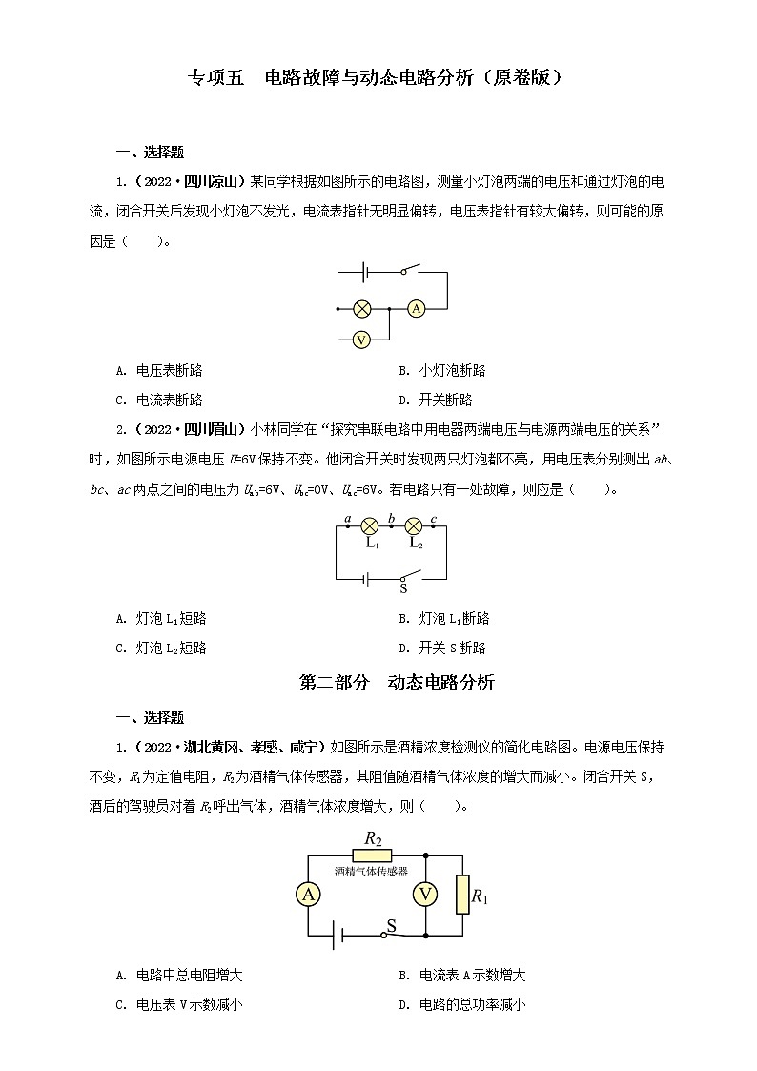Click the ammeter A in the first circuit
(416, 309)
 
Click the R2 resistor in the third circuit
(372, 855)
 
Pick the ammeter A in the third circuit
(308, 895)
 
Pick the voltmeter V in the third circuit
(424, 895)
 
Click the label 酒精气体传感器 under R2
(371, 871)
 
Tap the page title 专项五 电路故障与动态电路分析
(377, 77)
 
